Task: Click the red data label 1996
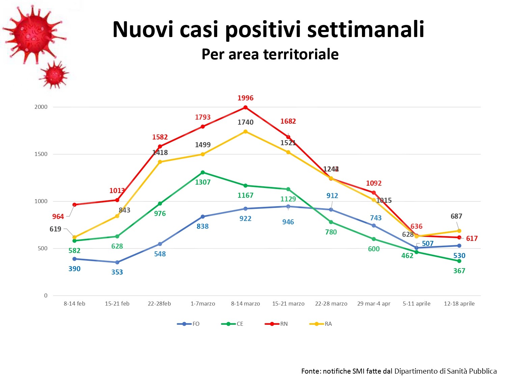click(x=245, y=98)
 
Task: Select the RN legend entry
click(x=277, y=324)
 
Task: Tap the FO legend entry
click(x=189, y=324)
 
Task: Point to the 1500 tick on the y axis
click(x=41, y=154)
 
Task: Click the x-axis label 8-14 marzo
click(x=245, y=304)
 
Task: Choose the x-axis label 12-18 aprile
click(x=459, y=304)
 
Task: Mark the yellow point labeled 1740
click(x=246, y=132)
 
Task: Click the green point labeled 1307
click(x=203, y=172)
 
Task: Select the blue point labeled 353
click(x=117, y=262)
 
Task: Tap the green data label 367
click(x=459, y=271)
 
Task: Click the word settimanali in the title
click(x=366, y=29)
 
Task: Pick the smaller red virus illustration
click(x=54, y=75)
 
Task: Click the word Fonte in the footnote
click(x=310, y=371)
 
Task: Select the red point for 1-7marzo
click(x=203, y=127)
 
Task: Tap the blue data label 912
click(x=332, y=196)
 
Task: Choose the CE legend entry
click(x=232, y=324)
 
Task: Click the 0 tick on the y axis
click(x=46, y=296)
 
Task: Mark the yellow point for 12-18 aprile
click(x=459, y=231)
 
